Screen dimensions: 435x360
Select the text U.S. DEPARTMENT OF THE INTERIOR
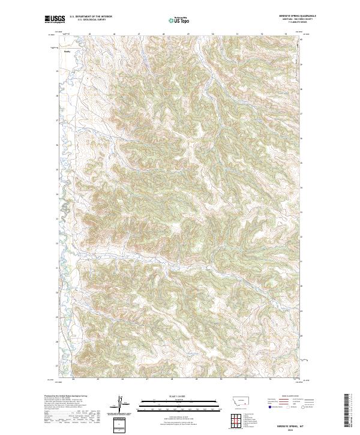coord(91,17)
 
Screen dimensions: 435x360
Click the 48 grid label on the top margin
coord(164,35)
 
